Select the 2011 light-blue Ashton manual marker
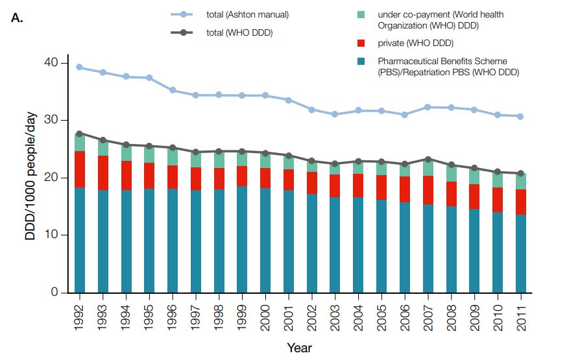point(520,116)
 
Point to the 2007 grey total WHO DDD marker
point(427,159)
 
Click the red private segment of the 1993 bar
point(103,173)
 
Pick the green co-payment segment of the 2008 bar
point(450,173)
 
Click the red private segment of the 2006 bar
point(404,189)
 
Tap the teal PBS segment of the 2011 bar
point(520,253)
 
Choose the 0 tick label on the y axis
point(56,292)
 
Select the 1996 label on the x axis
point(173,317)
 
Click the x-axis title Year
point(299,348)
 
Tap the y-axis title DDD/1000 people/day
point(30,176)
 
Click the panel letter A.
point(18,18)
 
